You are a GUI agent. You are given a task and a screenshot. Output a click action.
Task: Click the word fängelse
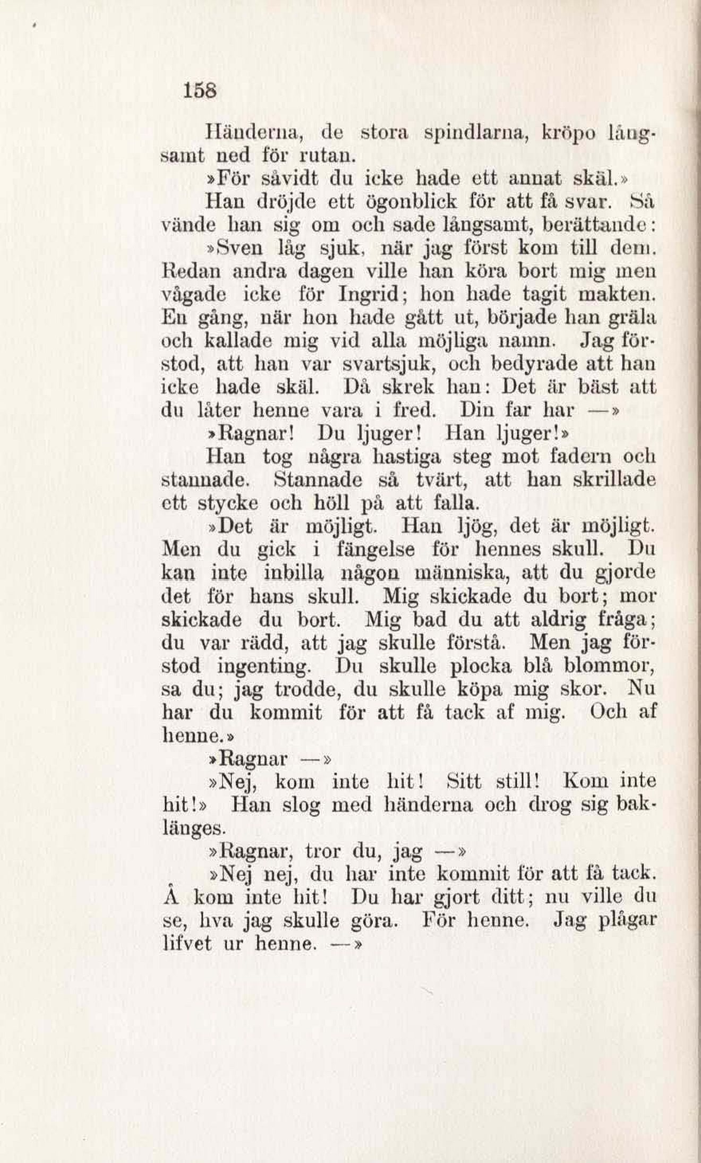[375, 550]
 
